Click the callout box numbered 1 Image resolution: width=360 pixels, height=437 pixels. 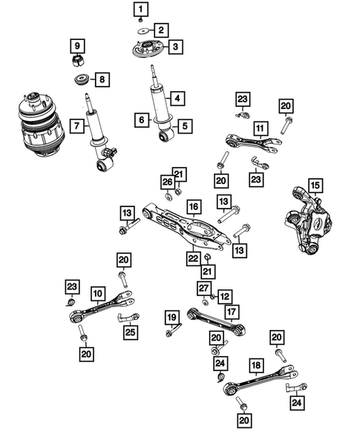tap(140, 10)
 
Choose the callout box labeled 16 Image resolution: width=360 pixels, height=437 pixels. tap(192, 206)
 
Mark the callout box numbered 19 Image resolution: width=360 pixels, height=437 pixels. tap(172, 319)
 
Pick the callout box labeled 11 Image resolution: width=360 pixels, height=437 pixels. tap(259, 128)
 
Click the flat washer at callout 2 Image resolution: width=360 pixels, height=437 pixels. tap(141, 31)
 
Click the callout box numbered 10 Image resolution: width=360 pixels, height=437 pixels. tap(98, 292)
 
